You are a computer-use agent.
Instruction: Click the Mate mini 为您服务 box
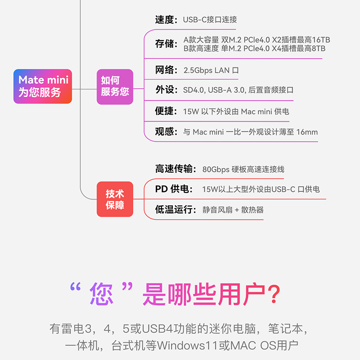click(x=43, y=86)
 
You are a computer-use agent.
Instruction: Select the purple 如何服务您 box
click(x=115, y=86)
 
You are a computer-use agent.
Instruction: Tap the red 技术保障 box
click(x=115, y=199)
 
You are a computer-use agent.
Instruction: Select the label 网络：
click(x=166, y=70)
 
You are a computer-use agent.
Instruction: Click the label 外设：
click(x=166, y=90)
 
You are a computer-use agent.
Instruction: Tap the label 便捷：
click(x=166, y=111)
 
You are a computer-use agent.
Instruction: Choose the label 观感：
click(x=166, y=132)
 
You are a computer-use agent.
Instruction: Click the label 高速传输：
click(x=176, y=169)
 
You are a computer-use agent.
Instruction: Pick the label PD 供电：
click(x=174, y=189)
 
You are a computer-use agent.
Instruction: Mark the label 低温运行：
click(x=176, y=210)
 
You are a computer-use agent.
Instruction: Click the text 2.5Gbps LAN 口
click(x=211, y=71)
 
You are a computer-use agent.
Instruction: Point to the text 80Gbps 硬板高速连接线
click(x=243, y=170)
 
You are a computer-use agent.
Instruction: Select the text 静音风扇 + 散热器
click(x=233, y=210)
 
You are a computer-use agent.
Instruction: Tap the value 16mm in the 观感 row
click(x=307, y=132)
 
